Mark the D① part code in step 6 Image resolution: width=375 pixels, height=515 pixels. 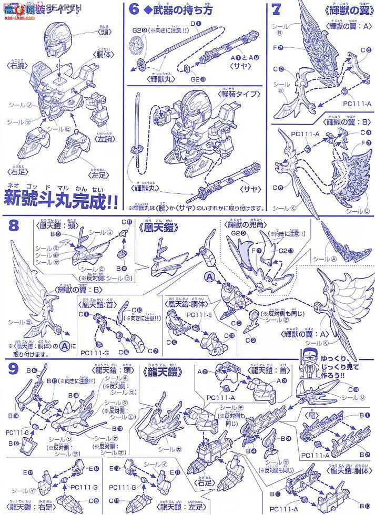point(193,24)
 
